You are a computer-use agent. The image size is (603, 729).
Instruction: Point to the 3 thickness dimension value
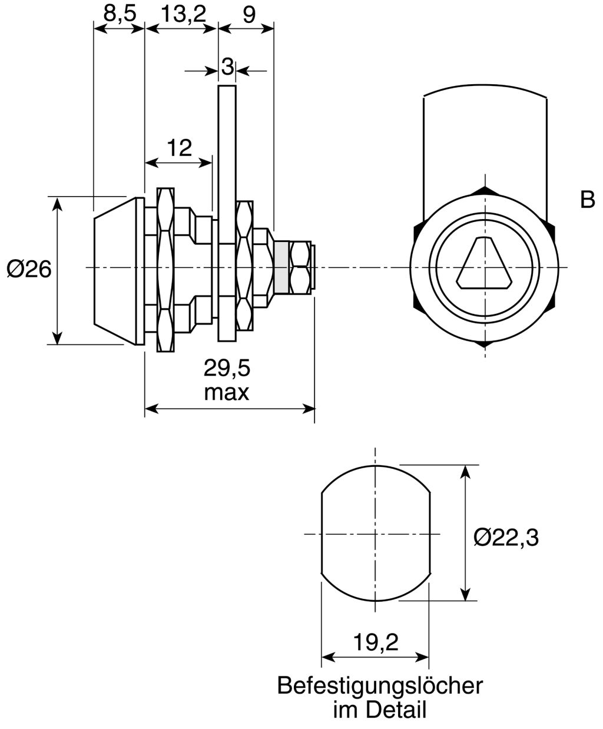227,67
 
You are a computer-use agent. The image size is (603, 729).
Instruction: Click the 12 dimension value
179,147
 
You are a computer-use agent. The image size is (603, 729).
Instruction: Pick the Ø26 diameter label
29,269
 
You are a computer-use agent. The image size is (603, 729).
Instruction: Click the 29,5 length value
227,369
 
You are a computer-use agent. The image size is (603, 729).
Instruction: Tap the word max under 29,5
227,392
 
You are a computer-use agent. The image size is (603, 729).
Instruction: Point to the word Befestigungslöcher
380,685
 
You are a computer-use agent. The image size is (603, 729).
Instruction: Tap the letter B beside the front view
587,200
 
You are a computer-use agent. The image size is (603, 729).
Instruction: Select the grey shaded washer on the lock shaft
281,267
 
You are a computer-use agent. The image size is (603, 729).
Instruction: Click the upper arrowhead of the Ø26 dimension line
57,203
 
